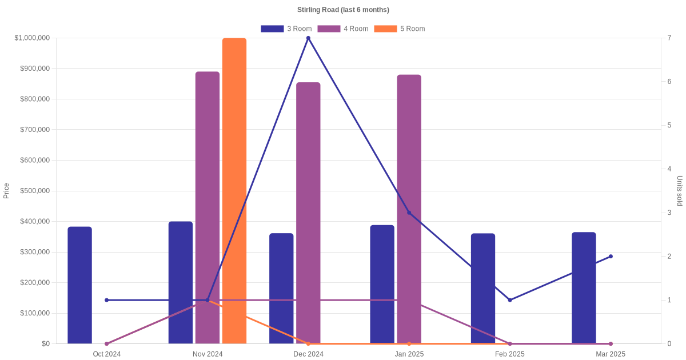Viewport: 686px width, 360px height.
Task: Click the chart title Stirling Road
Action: (343, 10)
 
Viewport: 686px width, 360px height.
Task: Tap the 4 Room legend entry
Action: (343, 29)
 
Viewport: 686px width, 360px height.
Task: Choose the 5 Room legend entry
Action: (400, 29)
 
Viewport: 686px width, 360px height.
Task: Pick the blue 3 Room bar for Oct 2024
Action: (79, 285)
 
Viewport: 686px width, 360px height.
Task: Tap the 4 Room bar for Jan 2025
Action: (409, 209)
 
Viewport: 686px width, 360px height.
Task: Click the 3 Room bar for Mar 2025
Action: (584, 288)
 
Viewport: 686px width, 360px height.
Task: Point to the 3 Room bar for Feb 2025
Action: (483, 289)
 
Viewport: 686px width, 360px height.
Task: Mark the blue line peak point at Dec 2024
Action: (308, 38)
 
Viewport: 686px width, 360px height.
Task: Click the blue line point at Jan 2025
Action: (409, 213)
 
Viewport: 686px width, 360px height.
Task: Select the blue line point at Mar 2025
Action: (611, 257)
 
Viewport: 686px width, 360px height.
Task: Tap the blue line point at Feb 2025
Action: (510, 300)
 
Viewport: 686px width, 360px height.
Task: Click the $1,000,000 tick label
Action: (32, 38)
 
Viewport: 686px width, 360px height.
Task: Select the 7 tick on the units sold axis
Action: (669, 38)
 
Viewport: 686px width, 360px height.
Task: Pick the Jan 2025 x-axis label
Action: (409, 354)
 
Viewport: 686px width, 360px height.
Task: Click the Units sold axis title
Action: (680, 191)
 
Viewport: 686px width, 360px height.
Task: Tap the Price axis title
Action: (6, 191)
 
